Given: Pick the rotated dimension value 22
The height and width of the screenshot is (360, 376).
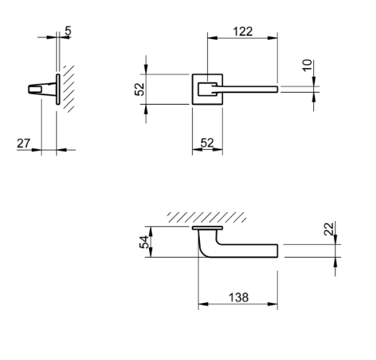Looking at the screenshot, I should [x=329, y=230].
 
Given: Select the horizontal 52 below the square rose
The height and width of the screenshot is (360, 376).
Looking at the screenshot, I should [x=207, y=144].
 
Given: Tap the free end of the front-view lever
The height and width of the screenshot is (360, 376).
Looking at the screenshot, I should [x=274, y=88].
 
